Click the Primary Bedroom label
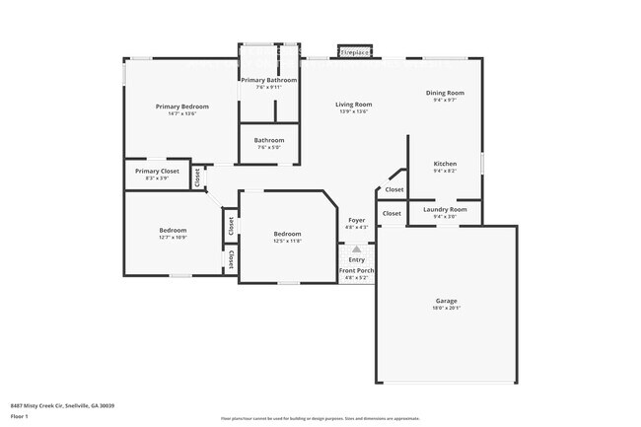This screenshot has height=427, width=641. tap(181, 106)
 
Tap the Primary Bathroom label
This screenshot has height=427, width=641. tap(269, 80)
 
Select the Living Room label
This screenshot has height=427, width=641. tap(353, 104)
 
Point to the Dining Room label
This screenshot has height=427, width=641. tap(445, 93)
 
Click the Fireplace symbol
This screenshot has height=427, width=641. tap(355, 52)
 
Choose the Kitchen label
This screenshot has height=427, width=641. tap(445, 163)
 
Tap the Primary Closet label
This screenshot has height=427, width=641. tap(157, 171)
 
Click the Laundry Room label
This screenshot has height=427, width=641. tap(445, 209)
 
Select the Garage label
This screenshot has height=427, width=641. tap(447, 301)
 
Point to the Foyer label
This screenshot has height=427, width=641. tap(357, 220)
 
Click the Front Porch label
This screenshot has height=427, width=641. tap(356, 270)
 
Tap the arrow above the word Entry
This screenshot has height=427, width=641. tap(357, 249)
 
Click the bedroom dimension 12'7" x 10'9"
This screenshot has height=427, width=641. tap(173, 238)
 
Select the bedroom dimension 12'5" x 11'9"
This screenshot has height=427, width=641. tap(287, 241)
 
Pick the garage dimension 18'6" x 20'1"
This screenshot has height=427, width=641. tap(447, 308)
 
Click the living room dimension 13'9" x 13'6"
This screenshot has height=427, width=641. tap(353, 111)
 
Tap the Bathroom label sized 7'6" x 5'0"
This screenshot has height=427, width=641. tap(269, 140)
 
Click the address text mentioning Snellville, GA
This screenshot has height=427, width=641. tap(63, 405)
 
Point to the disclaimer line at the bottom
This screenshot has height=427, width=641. tap(320, 418)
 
